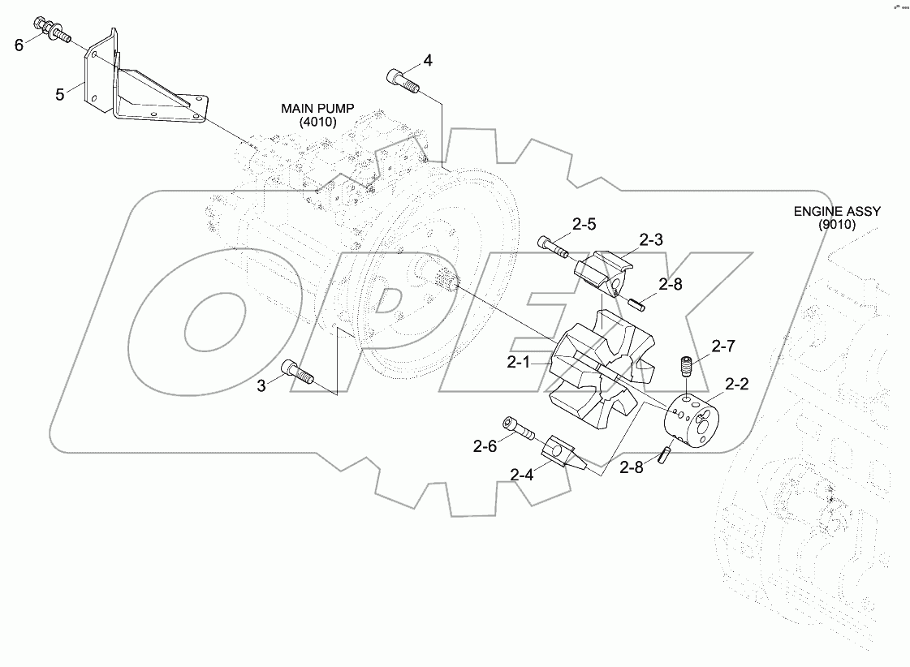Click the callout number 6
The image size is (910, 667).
[x=19, y=45]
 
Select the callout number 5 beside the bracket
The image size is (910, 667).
[x=59, y=95]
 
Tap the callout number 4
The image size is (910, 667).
[x=428, y=60]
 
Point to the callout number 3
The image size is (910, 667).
[x=261, y=386]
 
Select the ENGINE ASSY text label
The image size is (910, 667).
[x=836, y=217]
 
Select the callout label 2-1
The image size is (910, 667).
[x=519, y=363]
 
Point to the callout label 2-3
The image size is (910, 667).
[x=651, y=239]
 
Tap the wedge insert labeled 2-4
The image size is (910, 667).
[x=561, y=451]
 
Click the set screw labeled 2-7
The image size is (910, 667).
[x=685, y=367]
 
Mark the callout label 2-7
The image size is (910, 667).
[x=723, y=346]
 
